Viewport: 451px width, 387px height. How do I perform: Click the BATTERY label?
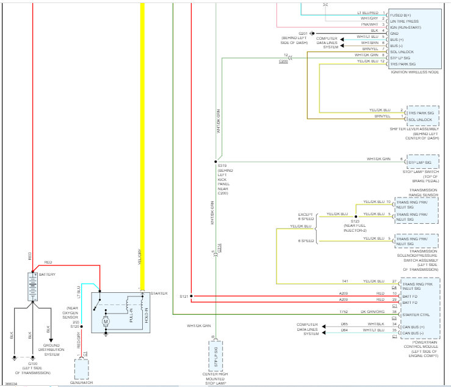47,275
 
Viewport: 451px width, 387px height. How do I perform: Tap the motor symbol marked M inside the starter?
106,320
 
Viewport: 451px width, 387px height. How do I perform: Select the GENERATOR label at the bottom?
81,383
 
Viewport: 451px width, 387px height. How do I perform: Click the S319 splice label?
222,166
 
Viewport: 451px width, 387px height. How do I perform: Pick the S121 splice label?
184,296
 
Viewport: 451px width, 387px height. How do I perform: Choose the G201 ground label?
303,32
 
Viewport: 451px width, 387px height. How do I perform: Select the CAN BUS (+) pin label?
414,327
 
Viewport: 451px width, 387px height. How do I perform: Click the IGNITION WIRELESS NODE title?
414,72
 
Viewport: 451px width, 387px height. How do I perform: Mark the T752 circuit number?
344,311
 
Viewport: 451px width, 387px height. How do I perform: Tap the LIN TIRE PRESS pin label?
406,18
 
